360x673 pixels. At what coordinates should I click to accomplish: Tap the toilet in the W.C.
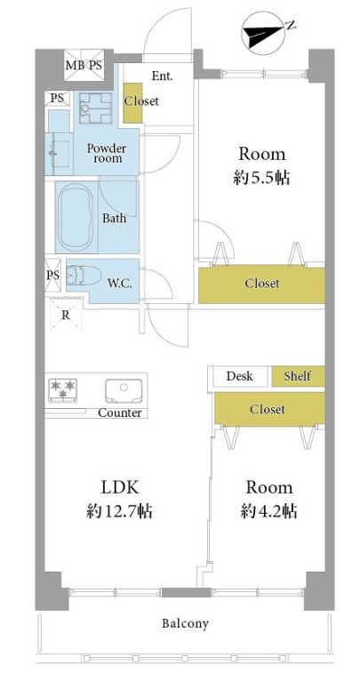click(84, 275)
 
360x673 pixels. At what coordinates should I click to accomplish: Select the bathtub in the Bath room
click(76, 218)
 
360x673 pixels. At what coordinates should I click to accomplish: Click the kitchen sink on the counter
click(124, 390)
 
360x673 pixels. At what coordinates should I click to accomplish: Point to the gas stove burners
click(62, 390)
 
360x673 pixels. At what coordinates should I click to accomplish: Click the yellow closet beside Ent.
click(133, 102)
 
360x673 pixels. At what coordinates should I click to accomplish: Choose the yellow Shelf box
click(298, 376)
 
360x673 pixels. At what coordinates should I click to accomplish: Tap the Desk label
click(239, 376)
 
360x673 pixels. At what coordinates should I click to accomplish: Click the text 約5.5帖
click(261, 178)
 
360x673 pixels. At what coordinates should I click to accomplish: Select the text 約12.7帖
click(120, 511)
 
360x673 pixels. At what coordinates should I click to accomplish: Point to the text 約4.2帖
click(268, 511)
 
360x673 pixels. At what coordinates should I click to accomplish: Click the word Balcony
click(185, 623)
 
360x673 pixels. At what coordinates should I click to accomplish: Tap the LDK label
click(119, 487)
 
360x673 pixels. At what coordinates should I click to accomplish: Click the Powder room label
click(107, 154)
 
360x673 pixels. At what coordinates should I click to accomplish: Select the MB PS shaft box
click(84, 65)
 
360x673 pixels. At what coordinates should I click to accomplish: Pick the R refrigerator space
click(65, 315)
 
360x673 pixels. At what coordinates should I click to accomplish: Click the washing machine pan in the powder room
click(96, 108)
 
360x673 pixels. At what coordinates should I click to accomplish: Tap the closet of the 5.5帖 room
click(261, 284)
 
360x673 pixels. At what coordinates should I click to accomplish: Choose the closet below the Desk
click(269, 409)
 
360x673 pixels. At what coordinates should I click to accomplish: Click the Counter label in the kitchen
click(120, 413)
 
